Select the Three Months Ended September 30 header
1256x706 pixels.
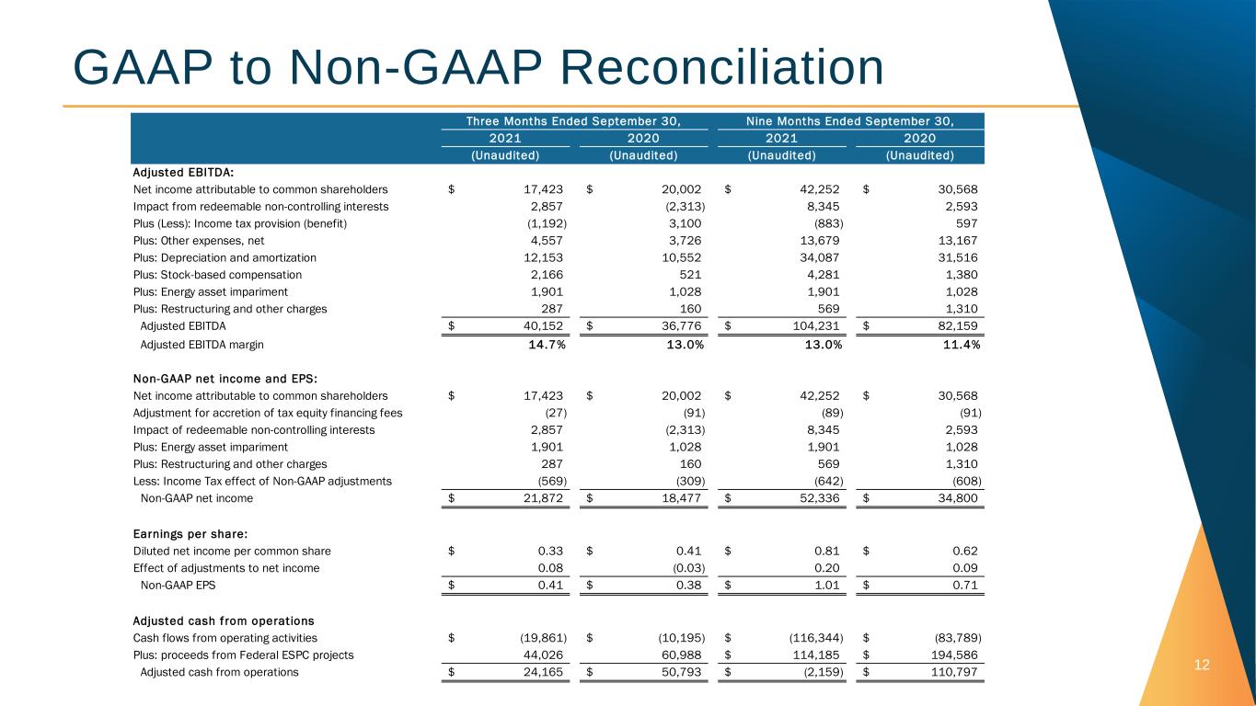(573, 121)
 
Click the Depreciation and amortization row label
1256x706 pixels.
(225, 257)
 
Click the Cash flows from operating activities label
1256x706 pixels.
(225, 637)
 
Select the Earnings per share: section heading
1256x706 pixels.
(191, 533)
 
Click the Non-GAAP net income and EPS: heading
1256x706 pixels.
(225, 378)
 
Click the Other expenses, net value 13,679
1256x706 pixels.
(820, 240)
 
